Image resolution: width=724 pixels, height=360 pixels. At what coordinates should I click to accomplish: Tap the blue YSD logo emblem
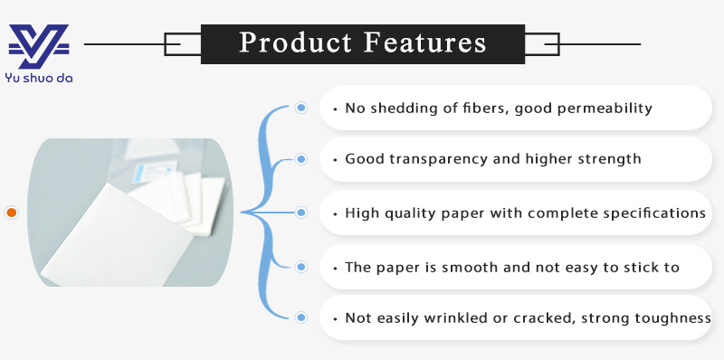(39, 46)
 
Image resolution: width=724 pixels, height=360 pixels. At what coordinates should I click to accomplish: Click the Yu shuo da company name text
(40, 78)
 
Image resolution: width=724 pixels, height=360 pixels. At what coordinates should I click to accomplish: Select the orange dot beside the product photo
(12, 213)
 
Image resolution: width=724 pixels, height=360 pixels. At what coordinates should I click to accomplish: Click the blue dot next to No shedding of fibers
(301, 108)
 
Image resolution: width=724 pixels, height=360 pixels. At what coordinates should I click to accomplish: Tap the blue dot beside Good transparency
(301, 159)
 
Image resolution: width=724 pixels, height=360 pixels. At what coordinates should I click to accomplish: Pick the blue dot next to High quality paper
(301, 213)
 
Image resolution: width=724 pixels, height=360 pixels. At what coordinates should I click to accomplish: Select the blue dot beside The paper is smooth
(301, 266)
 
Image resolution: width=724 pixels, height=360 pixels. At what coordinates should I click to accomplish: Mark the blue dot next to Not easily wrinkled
(301, 317)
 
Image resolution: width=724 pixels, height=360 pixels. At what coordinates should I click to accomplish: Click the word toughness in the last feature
(672, 318)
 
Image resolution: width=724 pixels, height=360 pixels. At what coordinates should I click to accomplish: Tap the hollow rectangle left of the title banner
(182, 43)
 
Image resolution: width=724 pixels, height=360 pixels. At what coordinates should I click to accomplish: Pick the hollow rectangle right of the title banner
(542, 43)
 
